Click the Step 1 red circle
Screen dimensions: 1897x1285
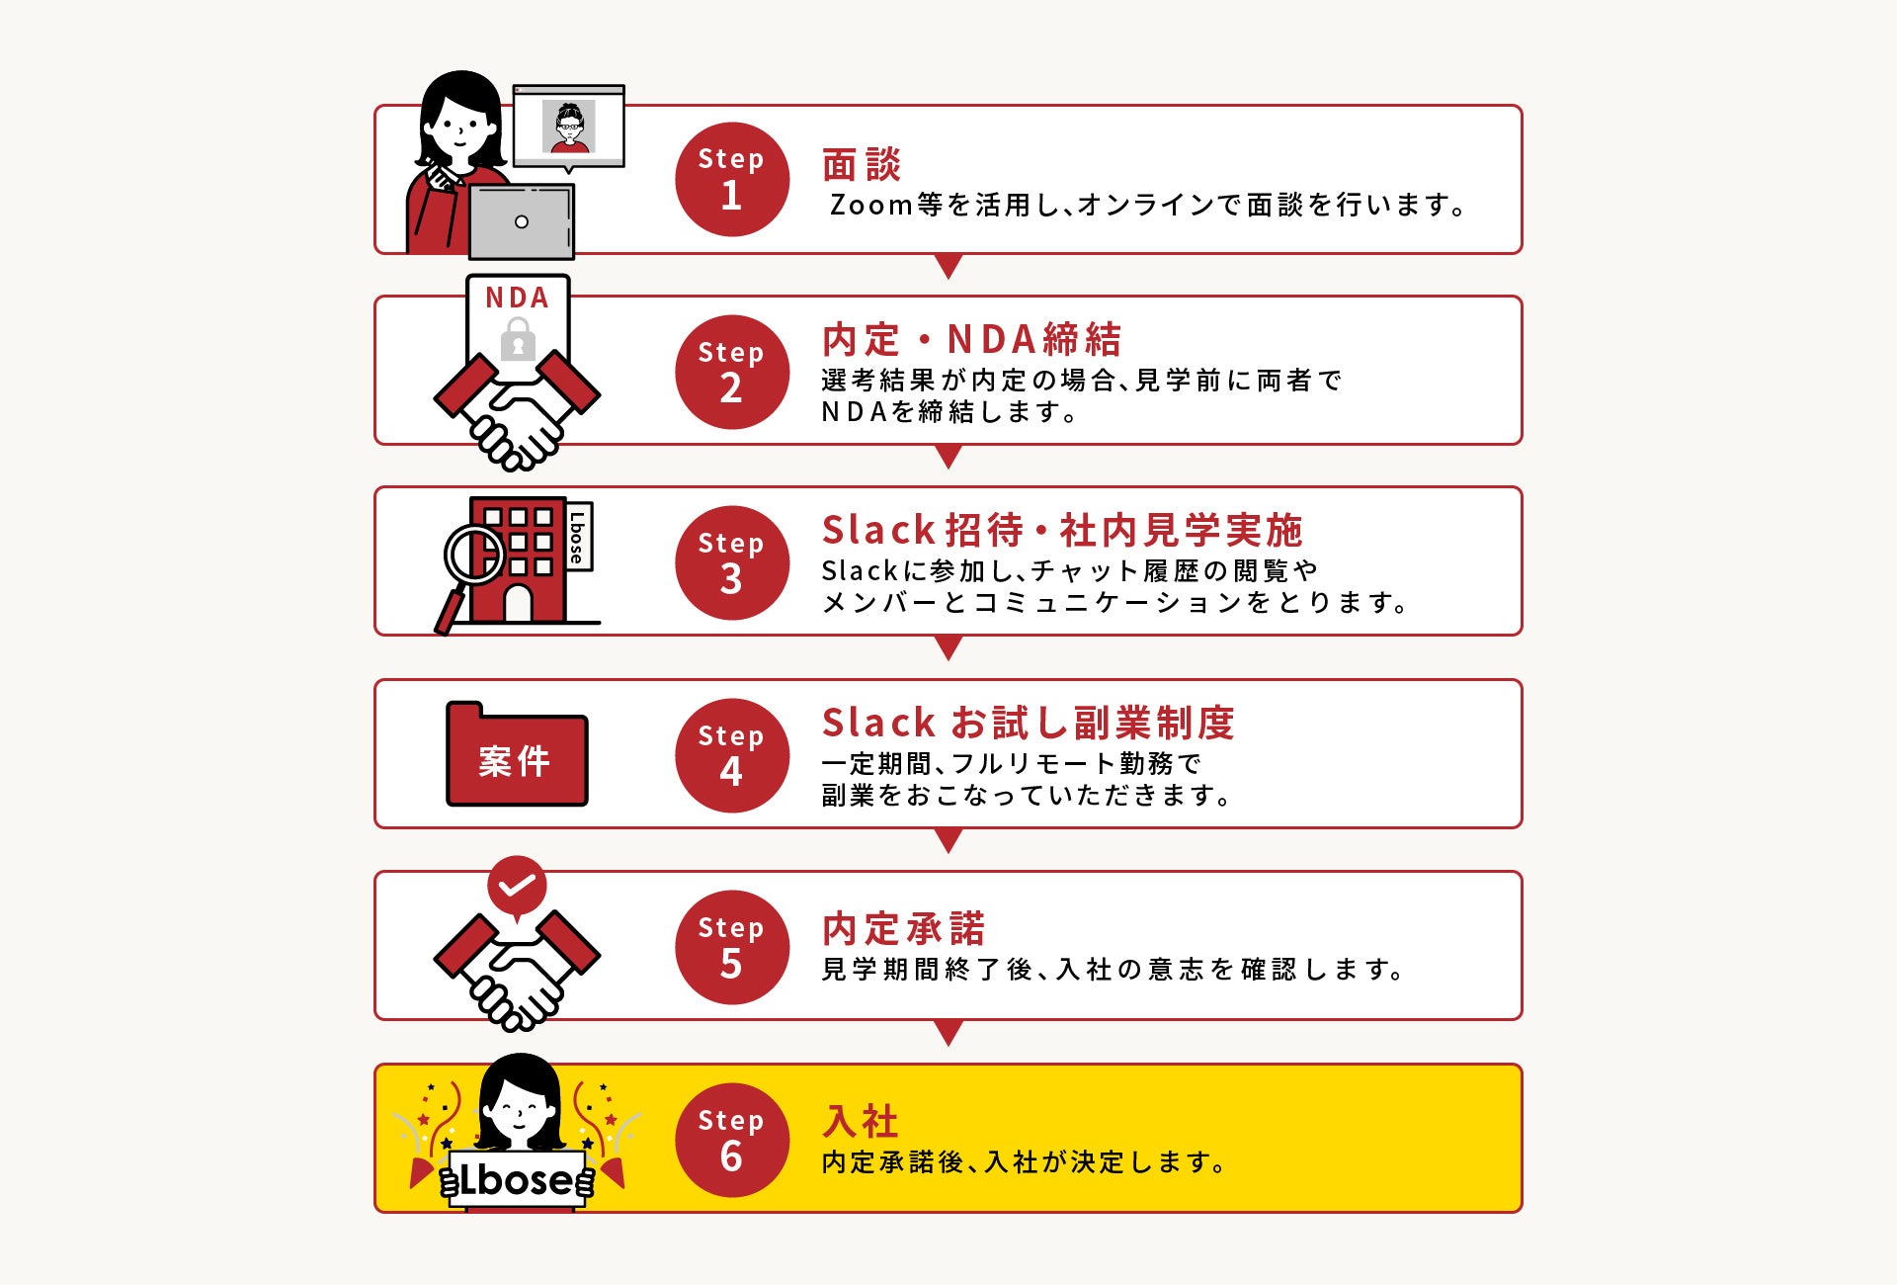point(732,179)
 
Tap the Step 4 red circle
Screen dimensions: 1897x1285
point(732,755)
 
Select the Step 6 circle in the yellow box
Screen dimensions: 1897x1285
point(732,1140)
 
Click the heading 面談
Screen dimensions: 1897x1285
point(862,164)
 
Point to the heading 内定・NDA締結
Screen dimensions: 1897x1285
point(971,339)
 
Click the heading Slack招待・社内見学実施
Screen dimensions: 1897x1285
point(1062,531)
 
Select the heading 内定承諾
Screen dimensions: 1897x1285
point(904,929)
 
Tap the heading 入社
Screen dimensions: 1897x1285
point(861,1121)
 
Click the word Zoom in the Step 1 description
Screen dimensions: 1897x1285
point(871,205)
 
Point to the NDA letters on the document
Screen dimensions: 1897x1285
point(517,298)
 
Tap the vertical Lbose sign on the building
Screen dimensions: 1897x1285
point(578,537)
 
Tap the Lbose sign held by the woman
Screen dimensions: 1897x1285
point(517,1179)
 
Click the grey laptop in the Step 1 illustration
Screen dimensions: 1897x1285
point(521,221)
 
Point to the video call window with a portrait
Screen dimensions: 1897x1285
point(569,127)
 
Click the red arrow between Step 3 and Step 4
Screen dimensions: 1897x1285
point(948,648)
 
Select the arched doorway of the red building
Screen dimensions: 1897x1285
point(518,603)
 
